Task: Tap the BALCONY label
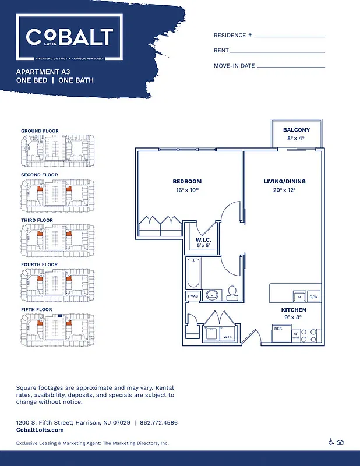tap(296, 129)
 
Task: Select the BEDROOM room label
tap(187, 181)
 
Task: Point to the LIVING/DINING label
tap(284, 181)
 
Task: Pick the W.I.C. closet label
tap(203, 239)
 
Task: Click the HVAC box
tap(193, 296)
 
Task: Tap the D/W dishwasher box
tap(313, 296)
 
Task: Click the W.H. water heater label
tap(227, 336)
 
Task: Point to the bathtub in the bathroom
tap(193, 274)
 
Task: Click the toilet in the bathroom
tap(232, 292)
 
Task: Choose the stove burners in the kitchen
tap(312, 335)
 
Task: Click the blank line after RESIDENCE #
tap(290, 36)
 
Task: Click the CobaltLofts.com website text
tap(40, 429)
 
